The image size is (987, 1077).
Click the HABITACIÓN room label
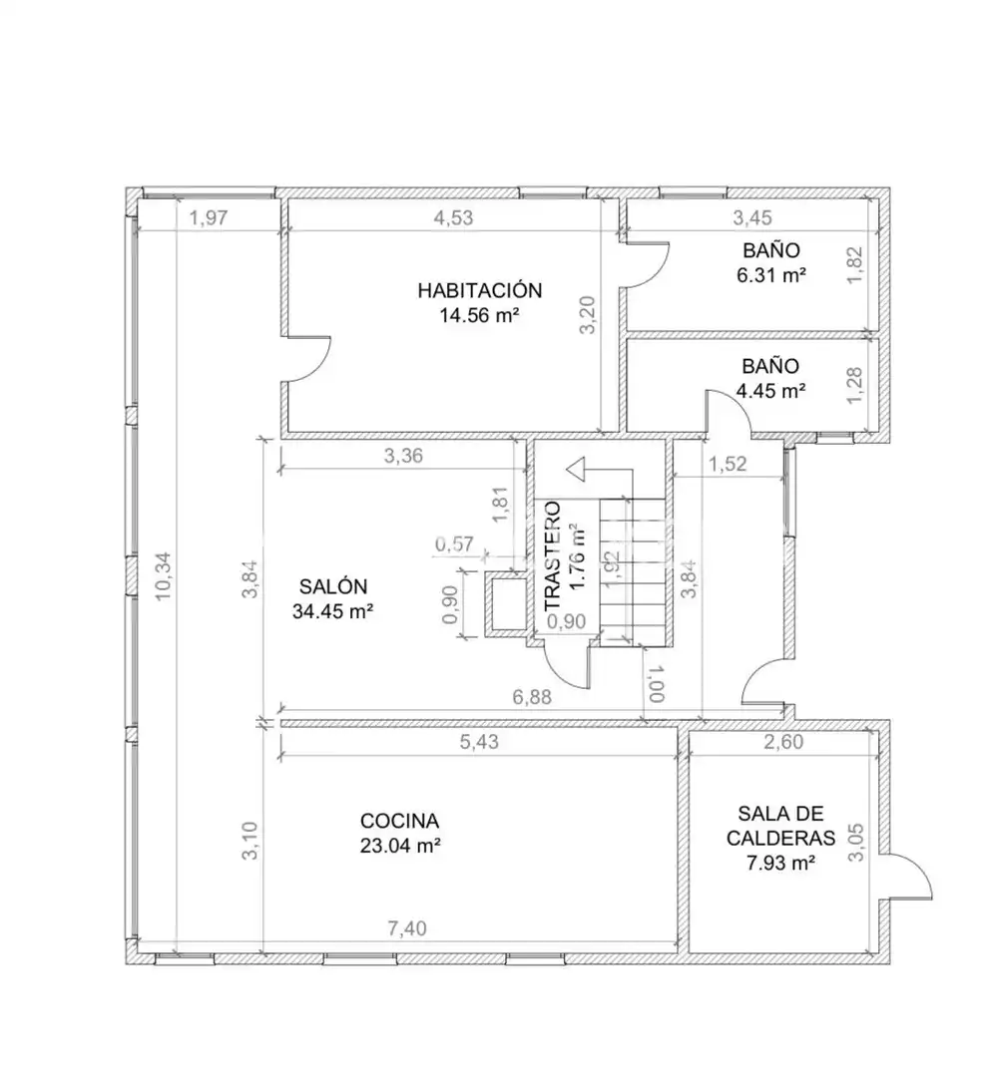coord(480,290)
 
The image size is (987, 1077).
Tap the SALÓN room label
coord(333,586)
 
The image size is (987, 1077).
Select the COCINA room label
coord(399,821)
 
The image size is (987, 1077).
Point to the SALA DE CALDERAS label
coord(780,826)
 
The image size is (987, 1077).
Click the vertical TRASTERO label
coord(553,557)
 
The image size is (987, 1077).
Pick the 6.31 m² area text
coord(771,275)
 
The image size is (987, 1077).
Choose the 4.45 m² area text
coord(771,391)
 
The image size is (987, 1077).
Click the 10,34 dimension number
coord(164,577)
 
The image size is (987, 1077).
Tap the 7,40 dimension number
coord(407,928)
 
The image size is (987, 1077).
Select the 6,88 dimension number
coord(532,697)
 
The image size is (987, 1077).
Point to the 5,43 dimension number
coord(480,742)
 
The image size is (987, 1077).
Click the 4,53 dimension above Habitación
coord(454,217)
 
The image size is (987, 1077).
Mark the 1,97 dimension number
coord(209,218)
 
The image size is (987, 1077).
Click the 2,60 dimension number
coord(783,742)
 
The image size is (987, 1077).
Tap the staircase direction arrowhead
coord(575,470)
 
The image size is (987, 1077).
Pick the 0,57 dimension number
coord(455,544)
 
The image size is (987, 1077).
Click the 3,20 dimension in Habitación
coord(588,314)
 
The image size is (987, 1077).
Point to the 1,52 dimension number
coord(728,465)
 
